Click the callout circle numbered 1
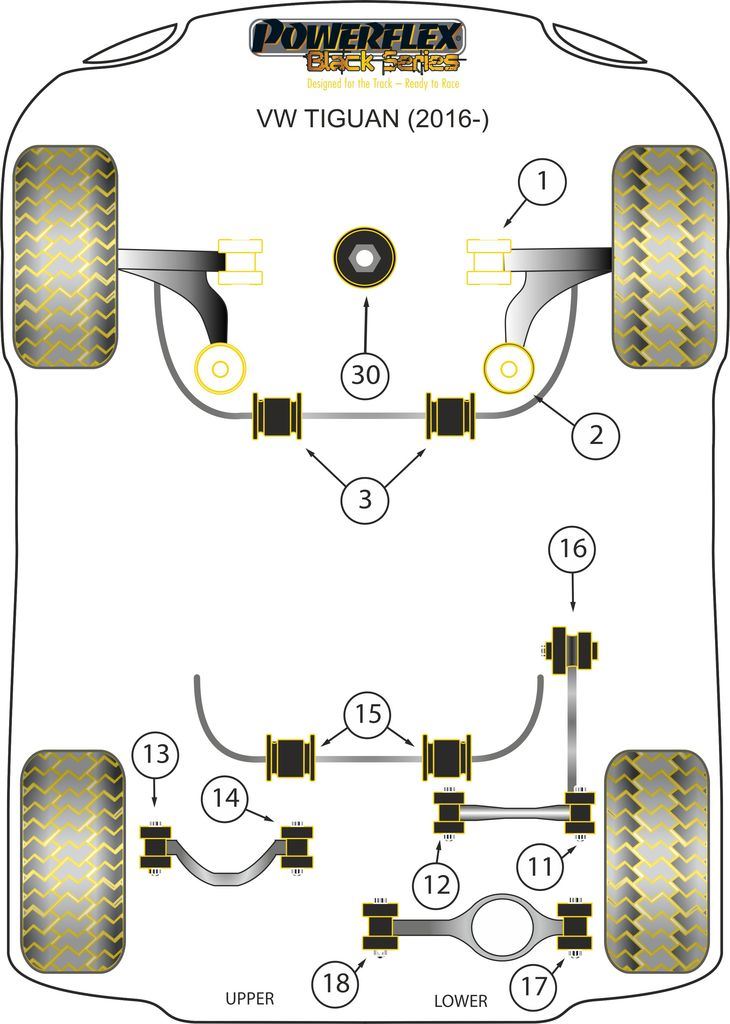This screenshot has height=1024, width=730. (541, 183)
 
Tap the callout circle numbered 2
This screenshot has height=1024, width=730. (596, 435)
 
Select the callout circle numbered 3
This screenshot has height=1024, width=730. (365, 497)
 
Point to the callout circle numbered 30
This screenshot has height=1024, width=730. (365, 375)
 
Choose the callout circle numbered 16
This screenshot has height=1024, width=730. (572, 550)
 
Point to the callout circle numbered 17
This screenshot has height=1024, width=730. (535, 986)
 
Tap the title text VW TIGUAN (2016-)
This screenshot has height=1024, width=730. (365, 121)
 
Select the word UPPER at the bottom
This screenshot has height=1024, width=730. (249, 998)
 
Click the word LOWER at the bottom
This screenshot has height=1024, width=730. (461, 1000)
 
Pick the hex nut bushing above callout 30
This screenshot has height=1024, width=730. (365, 257)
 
